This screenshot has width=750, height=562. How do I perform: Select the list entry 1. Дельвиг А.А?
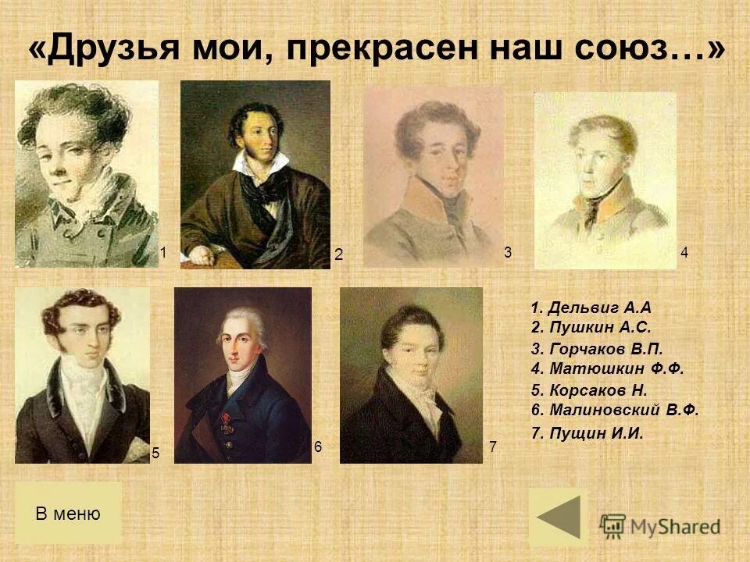pyautogui.click(x=591, y=308)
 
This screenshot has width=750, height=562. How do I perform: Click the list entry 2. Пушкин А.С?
pyautogui.click(x=591, y=328)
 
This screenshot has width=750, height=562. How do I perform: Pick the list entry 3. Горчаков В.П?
pyautogui.click(x=597, y=350)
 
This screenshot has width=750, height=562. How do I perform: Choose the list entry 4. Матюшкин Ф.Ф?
pyautogui.click(x=607, y=368)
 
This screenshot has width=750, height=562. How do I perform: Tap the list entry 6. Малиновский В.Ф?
pyautogui.click(x=615, y=410)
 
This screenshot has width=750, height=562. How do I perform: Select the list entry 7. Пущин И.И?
pyautogui.click(x=587, y=434)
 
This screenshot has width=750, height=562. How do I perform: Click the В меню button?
pyautogui.click(x=68, y=513)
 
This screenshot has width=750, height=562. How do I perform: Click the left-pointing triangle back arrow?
pyautogui.click(x=558, y=517)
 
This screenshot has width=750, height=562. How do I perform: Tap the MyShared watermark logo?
pyautogui.click(x=660, y=526)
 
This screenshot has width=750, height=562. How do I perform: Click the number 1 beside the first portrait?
pyautogui.click(x=163, y=251)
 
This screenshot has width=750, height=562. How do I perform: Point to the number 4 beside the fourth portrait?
pyautogui.click(x=684, y=252)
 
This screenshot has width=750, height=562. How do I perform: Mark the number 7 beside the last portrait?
pyautogui.click(x=492, y=447)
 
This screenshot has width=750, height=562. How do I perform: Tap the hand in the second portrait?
pyautogui.click(x=201, y=255)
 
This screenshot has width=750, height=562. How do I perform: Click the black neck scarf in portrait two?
pyautogui.click(x=266, y=186)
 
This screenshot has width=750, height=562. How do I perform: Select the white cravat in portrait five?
pyautogui.click(x=81, y=390)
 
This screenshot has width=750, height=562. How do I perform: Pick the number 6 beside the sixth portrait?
pyautogui.click(x=318, y=446)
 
